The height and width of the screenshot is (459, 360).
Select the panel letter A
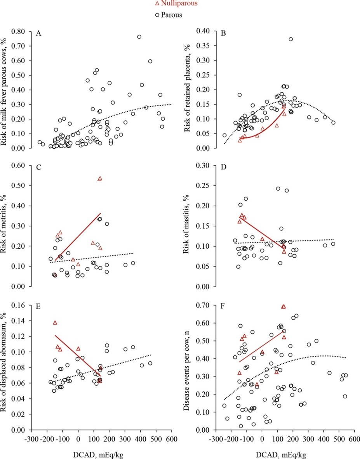pos(38,34)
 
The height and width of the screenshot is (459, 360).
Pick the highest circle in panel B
pos(290,39)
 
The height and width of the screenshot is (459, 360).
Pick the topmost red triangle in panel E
pos(55,322)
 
